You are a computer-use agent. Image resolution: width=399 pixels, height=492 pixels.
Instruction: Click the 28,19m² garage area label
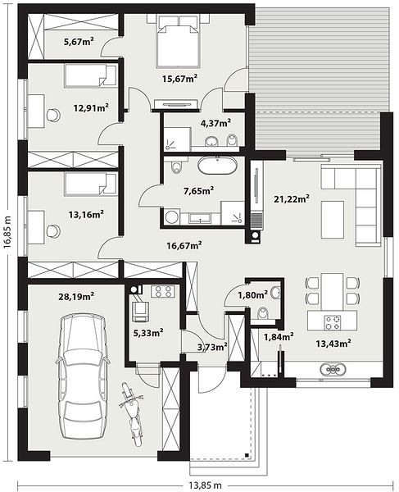click(x=76, y=296)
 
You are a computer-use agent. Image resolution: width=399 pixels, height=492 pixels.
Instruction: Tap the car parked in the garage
click(x=83, y=376)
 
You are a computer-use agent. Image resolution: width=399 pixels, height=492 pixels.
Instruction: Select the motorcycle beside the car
click(x=132, y=413)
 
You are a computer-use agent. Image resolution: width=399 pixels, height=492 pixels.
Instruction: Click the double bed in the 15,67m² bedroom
click(x=179, y=41)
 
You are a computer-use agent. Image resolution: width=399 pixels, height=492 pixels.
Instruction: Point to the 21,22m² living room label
click(x=292, y=198)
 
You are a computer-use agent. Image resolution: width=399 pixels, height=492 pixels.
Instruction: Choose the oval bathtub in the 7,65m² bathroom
click(x=216, y=166)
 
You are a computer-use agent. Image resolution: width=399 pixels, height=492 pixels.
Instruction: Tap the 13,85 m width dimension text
click(x=205, y=485)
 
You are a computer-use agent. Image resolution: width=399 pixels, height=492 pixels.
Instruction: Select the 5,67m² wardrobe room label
click(x=79, y=41)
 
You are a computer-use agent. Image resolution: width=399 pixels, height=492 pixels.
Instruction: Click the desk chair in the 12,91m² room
click(x=53, y=115)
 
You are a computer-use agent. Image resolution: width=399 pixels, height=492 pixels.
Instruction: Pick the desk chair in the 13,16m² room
click(x=53, y=231)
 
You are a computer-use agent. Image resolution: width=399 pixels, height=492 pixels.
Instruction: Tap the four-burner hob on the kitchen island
click(x=333, y=322)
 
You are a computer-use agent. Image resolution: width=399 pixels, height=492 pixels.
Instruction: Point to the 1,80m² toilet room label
click(x=252, y=294)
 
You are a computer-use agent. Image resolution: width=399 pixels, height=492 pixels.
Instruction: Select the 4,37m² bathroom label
click(x=216, y=123)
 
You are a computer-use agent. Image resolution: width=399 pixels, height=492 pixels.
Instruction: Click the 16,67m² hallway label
click(x=184, y=245)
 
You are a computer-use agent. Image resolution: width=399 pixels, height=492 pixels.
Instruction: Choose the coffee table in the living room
click(x=333, y=220)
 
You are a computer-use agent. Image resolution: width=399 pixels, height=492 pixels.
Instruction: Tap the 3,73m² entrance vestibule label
click(x=212, y=347)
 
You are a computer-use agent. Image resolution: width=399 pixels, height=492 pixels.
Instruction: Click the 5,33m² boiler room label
click(x=148, y=333)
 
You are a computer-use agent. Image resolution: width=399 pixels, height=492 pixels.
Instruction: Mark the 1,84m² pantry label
click(x=279, y=337)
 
